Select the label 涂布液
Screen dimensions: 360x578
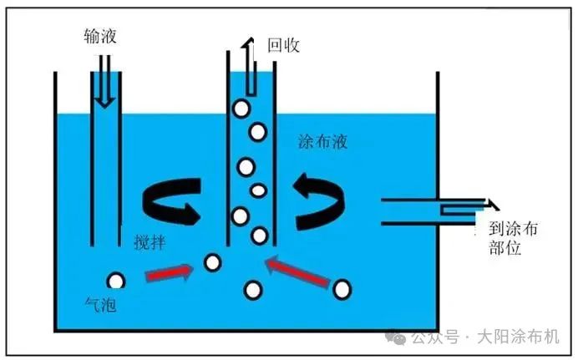coord(322,142)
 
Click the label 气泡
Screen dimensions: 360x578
coord(101,305)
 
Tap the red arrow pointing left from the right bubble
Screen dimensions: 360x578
coord(297,273)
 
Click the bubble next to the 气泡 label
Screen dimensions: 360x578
coord(116,281)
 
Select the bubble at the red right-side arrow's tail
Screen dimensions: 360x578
coord(342,290)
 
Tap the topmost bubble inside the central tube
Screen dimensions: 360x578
coord(241,108)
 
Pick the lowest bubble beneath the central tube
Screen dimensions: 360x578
coord(252,290)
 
